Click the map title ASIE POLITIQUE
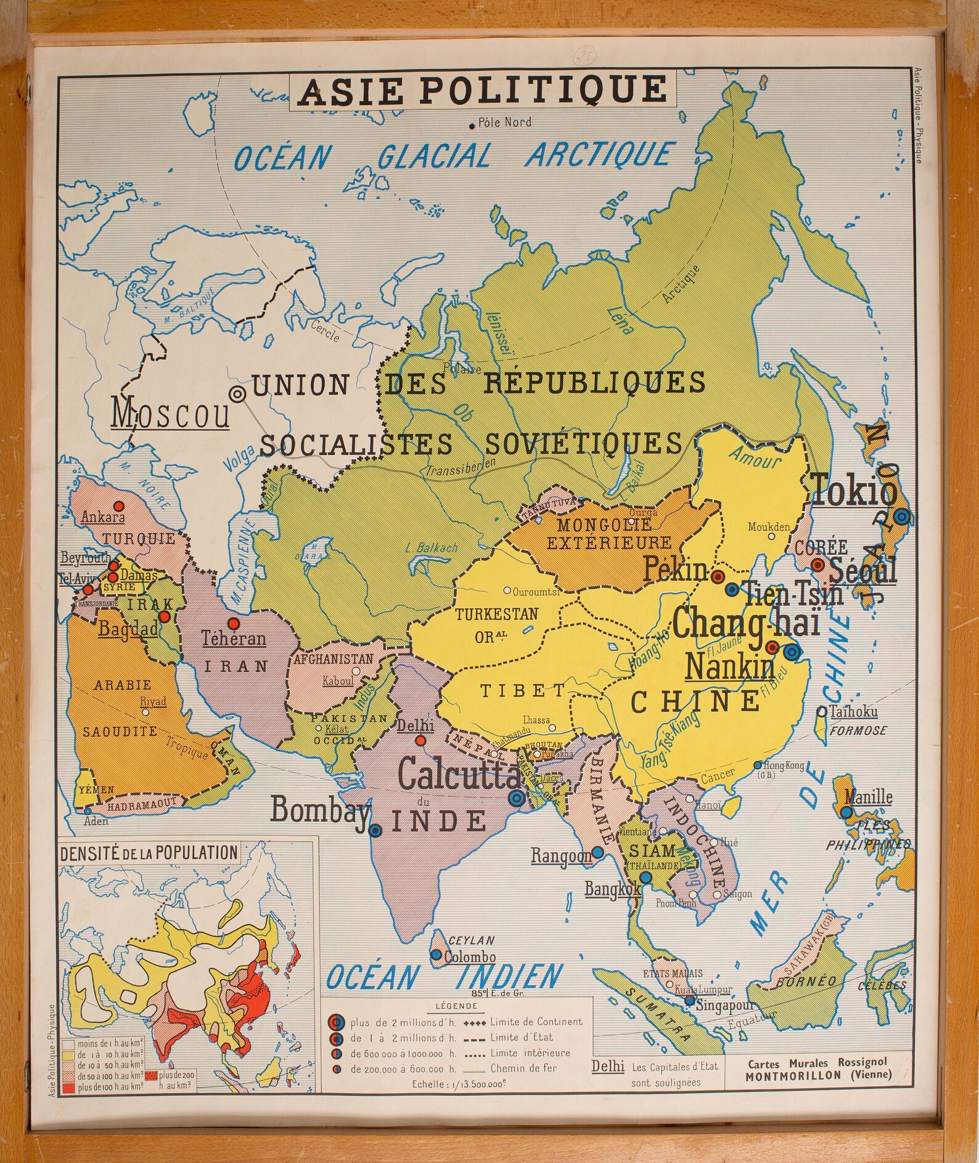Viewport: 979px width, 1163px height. [x=483, y=90]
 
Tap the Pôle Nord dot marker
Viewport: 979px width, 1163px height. [x=472, y=126]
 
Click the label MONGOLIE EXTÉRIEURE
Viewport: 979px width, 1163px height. [x=605, y=534]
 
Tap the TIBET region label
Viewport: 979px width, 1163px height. [x=523, y=691]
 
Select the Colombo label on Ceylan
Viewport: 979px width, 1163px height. [x=470, y=958]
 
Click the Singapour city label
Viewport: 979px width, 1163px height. [x=726, y=1005]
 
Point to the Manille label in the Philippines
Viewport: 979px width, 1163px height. [x=868, y=797]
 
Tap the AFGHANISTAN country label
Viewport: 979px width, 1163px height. [x=334, y=659]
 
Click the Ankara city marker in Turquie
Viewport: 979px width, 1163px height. [x=120, y=506]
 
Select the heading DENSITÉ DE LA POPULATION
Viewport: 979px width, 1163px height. [x=149, y=853]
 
